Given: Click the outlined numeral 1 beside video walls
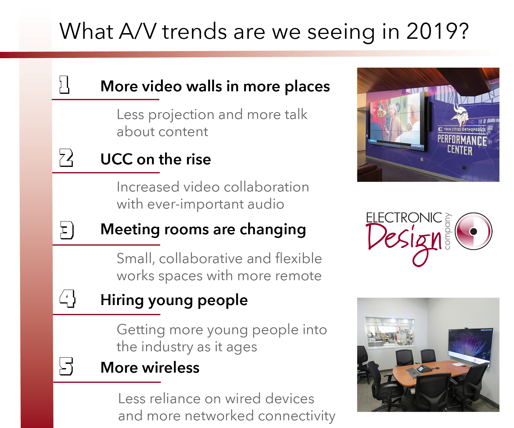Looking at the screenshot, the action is [64, 85].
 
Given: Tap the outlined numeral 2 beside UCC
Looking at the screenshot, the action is [66, 158].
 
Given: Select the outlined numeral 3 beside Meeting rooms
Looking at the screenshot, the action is [67, 230].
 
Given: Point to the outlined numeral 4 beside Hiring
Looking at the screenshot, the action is [67, 298].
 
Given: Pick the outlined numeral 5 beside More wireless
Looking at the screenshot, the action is [66, 366].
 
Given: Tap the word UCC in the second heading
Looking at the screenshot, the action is [117, 159].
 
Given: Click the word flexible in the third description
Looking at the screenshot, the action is [298, 259].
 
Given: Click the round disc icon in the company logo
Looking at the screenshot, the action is [473, 231].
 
